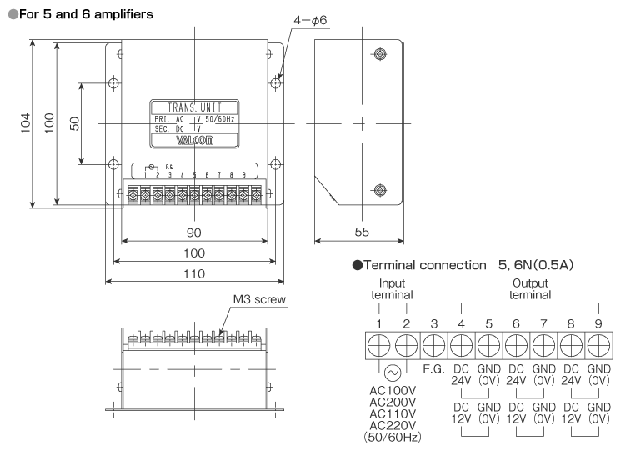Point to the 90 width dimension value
[x=195, y=231]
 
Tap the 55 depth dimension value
[x=361, y=231]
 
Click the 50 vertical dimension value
[x=74, y=122]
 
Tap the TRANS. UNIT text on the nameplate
[x=194, y=107]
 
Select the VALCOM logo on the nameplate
[x=194, y=140]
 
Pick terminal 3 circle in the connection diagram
[x=433, y=345]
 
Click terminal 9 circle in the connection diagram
[x=598, y=345]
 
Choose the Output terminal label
[x=529, y=288]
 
